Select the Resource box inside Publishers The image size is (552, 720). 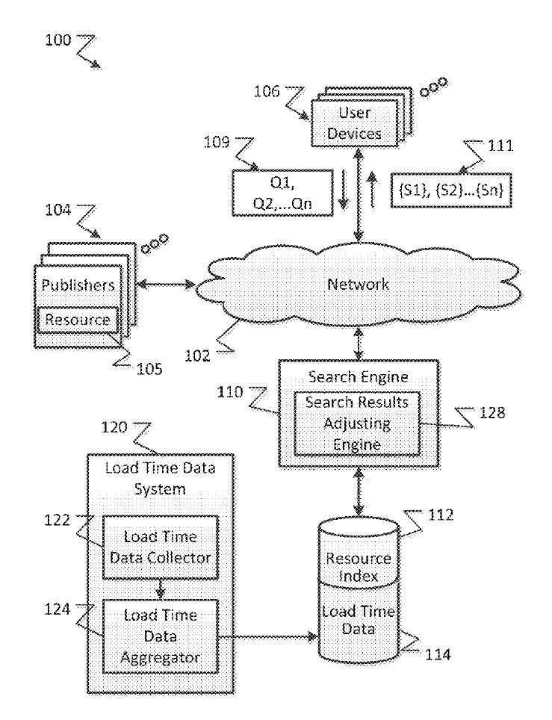[78, 320]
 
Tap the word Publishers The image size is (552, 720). [77, 285]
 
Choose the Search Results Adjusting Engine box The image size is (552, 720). [356, 423]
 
